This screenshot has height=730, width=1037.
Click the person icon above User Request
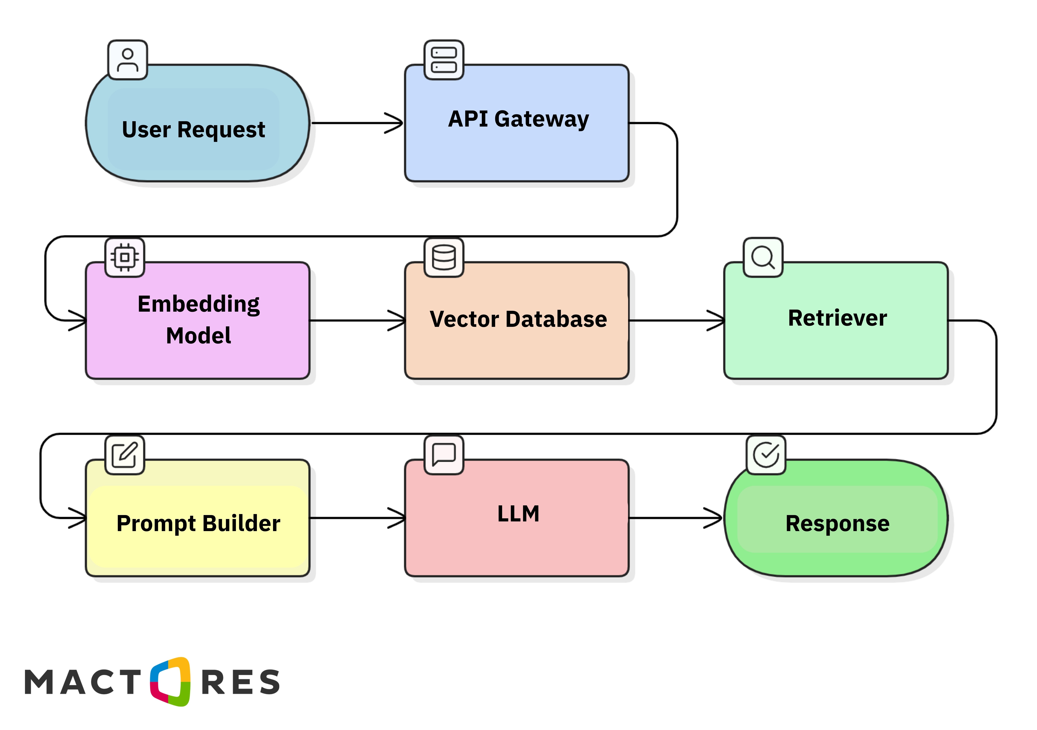pyautogui.click(x=128, y=60)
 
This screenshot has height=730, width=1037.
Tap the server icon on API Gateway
pyautogui.click(x=444, y=60)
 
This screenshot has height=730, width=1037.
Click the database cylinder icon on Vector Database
pyautogui.click(x=444, y=258)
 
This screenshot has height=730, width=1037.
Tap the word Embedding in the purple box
pyautogui.click(x=199, y=305)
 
